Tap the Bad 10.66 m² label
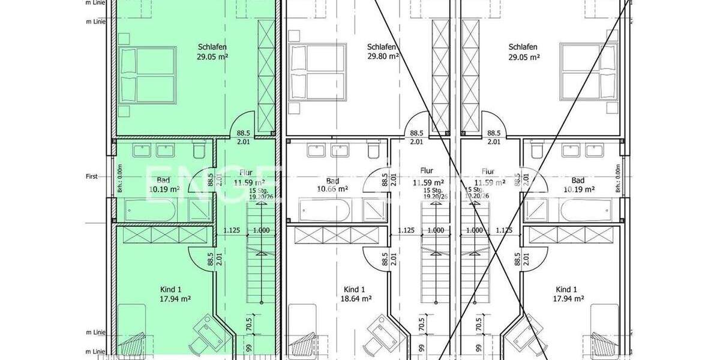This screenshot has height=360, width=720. point(334,185)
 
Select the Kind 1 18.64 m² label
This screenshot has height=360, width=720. point(358,293)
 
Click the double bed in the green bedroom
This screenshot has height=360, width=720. point(148,74)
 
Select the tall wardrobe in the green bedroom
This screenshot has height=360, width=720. point(265,75)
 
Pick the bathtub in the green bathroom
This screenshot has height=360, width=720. point(150,210)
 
